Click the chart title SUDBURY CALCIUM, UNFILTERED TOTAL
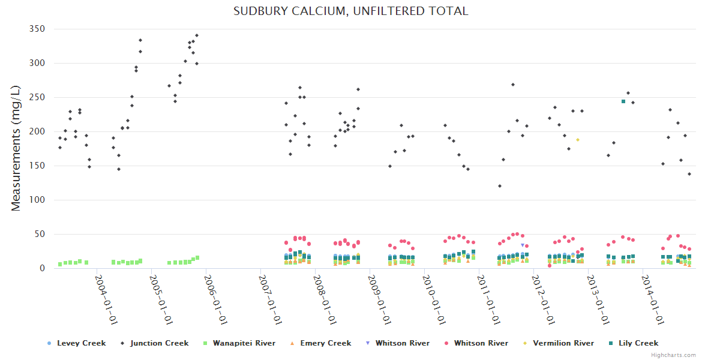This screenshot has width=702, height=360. (351, 11)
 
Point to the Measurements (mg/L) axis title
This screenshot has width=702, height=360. (16, 148)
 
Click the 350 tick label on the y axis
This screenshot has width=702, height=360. (37, 29)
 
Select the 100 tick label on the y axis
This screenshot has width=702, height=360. (37, 200)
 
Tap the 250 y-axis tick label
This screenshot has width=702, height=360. (37, 97)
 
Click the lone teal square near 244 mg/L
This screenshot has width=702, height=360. (623, 101)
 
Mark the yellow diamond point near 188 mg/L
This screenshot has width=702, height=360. (578, 140)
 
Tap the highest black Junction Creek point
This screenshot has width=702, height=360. (197, 35)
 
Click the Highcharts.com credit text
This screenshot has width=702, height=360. (674, 355)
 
